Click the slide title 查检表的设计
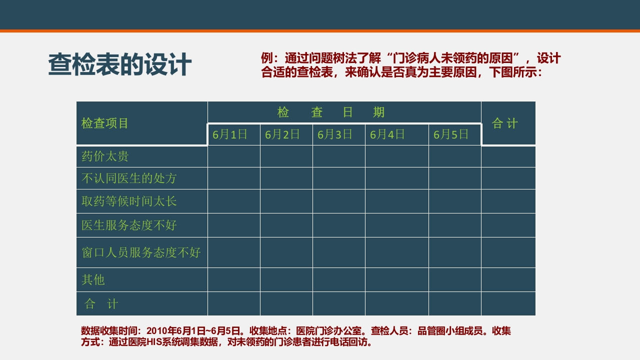tap(119, 65)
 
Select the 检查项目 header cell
tap(105, 123)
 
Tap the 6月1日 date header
tap(230, 134)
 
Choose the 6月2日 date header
tap(282, 134)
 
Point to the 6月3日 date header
tap(335, 134)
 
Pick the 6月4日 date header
tap(387, 134)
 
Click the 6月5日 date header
tap(451, 134)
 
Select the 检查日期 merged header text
tap(331, 112)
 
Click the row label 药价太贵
tap(105, 156)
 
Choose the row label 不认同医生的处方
tap(129, 178)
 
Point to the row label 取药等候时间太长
tap(129, 201)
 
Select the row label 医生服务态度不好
tap(129, 225)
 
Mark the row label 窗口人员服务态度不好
tap(141, 252)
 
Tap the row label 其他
tap(93, 280)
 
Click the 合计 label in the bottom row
tap(101, 304)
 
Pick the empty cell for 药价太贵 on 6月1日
tap(233, 156)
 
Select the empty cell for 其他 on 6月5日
tap(454, 280)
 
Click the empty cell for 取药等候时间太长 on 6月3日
tap(338, 201)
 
